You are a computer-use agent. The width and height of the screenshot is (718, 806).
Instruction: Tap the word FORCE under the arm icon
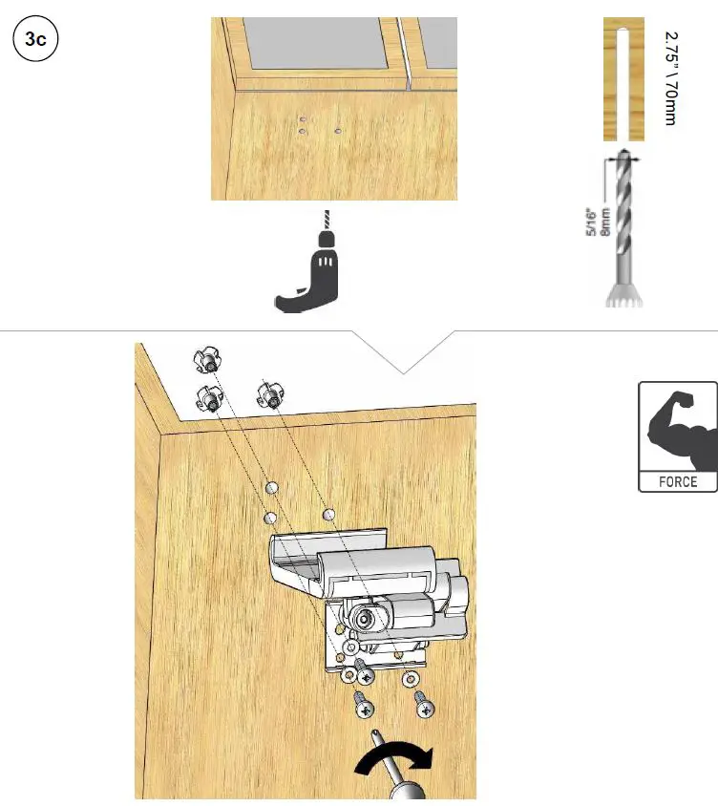(x=677, y=482)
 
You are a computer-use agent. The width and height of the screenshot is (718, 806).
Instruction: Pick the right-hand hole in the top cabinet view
(x=339, y=129)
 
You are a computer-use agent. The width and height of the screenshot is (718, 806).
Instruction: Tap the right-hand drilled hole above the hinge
(x=329, y=516)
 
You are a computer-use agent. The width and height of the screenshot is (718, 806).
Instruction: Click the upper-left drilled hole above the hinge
(x=272, y=487)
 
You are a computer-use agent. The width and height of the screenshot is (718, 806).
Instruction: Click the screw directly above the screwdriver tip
(x=365, y=707)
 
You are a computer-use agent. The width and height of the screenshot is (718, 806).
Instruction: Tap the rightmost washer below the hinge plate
(x=411, y=678)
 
